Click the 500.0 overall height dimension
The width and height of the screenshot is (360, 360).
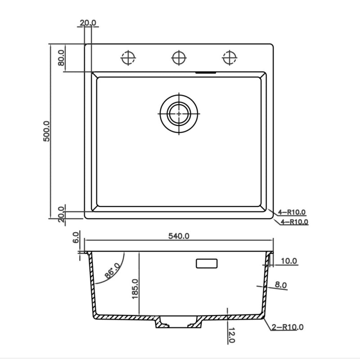46,131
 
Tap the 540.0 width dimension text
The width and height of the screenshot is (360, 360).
179,236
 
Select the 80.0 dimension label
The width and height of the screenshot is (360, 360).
61,58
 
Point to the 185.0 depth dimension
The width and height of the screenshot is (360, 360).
135,288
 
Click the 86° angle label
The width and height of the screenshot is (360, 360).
112,270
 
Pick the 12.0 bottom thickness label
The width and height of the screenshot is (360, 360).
232,335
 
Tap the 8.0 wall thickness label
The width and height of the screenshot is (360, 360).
281,285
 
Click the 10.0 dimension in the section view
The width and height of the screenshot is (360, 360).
289,261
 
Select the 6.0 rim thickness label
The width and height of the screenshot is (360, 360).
76,238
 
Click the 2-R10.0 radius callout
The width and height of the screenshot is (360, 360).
288,327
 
